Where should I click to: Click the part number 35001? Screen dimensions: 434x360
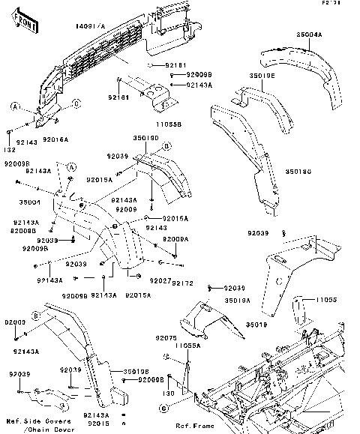pyautogui.click(x=29, y=202)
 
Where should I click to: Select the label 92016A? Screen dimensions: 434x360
pyautogui.click(x=55, y=140)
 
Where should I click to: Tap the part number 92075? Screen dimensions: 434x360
pyautogui.click(x=166, y=339)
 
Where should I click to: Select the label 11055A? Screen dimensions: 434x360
pyautogui.click(x=182, y=346)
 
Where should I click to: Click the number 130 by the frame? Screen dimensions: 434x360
pyautogui.click(x=169, y=392)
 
